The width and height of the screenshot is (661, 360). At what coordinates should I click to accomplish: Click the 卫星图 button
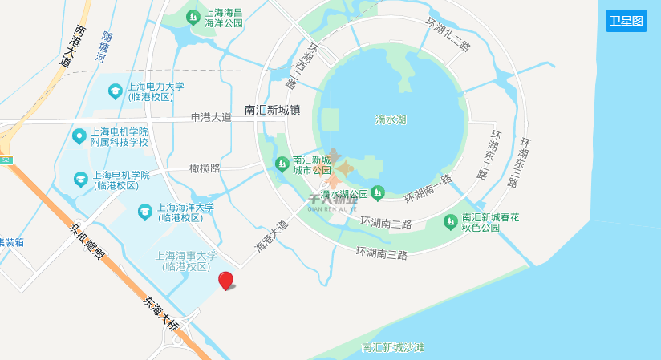click(627, 21)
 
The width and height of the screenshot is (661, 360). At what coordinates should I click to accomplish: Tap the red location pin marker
click(226, 281)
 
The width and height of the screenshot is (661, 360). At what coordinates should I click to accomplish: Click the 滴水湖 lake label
click(391, 120)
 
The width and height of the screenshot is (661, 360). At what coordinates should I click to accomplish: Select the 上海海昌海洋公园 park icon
click(193, 16)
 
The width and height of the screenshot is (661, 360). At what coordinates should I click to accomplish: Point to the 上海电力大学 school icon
click(115, 91)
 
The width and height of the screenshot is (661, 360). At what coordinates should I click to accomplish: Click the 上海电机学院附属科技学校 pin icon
click(79, 136)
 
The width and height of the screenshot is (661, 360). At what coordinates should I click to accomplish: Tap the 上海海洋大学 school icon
click(145, 212)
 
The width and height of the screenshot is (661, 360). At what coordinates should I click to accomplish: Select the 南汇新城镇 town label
click(272, 110)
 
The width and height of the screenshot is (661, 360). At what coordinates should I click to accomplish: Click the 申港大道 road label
click(211, 117)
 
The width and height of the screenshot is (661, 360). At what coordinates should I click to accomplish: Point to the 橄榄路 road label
click(205, 168)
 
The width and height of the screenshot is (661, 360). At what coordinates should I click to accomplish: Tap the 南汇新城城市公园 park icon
click(282, 164)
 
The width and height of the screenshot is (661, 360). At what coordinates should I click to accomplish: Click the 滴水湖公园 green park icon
click(378, 193)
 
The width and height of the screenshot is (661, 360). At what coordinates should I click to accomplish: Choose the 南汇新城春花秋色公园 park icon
click(450, 220)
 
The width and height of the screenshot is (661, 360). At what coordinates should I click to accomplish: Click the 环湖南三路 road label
click(382, 253)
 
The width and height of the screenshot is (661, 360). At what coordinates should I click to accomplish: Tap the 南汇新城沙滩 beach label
click(392, 347)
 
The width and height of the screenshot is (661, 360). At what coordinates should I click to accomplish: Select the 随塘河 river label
click(103, 47)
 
